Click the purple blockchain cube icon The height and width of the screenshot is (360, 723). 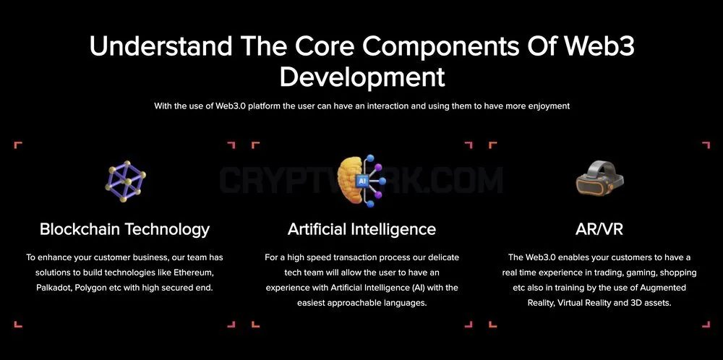tap(125, 181)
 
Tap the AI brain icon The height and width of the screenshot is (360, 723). tap(360, 181)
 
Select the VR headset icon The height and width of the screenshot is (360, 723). tap(599, 178)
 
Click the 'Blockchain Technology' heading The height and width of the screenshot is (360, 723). tap(124, 229)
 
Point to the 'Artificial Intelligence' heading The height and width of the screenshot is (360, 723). tap(361, 229)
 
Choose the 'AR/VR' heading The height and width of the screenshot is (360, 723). tap(599, 229)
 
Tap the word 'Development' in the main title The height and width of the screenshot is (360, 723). tap(362, 77)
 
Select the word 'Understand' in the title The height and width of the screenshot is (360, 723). tap(161, 46)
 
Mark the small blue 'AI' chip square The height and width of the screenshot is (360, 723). tap(362, 181)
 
